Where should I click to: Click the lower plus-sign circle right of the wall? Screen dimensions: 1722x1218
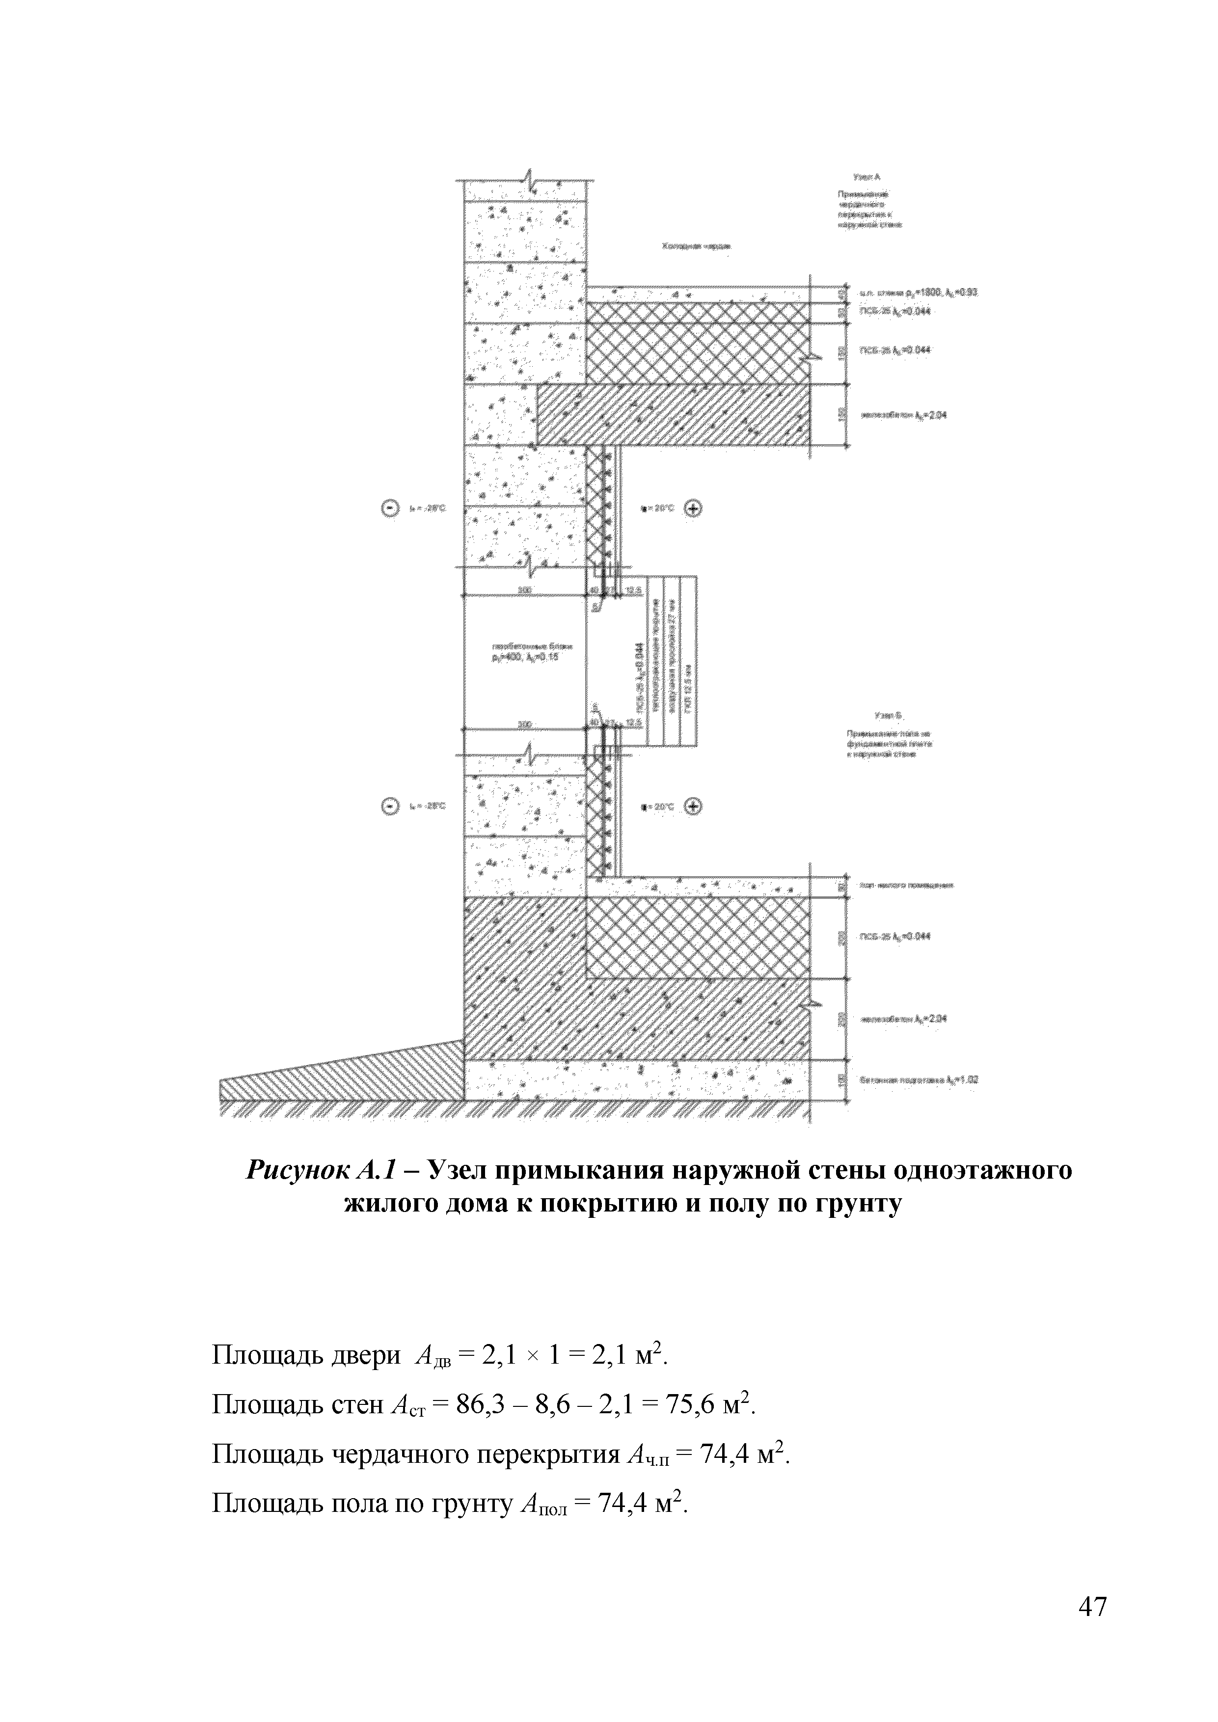point(694,807)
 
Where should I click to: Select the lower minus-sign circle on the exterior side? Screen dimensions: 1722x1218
point(391,807)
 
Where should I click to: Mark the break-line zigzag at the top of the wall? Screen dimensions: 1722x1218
point(530,181)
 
